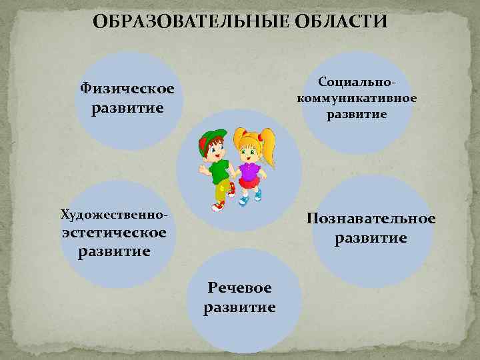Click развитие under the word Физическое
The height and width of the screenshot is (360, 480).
tap(127, 107)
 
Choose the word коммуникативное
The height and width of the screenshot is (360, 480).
tap(357, 98)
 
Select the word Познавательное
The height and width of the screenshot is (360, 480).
tap(371, 219)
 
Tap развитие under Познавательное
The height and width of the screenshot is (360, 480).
tap(371, 237)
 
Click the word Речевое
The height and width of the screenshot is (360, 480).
tap(239, 288)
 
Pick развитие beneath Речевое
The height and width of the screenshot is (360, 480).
tap(239, 307)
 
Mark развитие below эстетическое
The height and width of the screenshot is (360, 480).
tap(114, 251)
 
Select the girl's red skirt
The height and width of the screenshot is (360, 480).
tap(251, 184)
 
